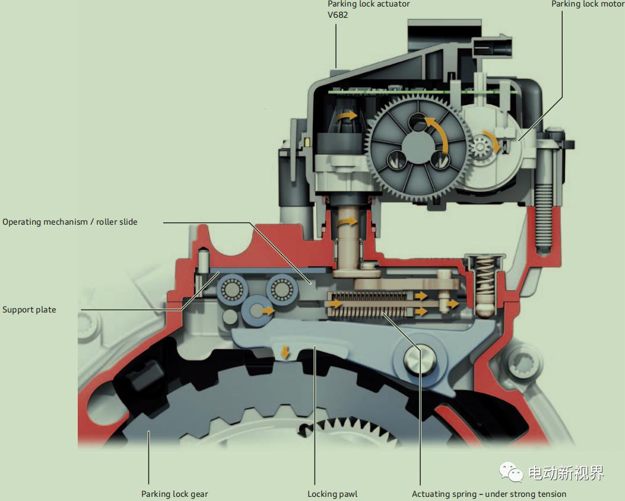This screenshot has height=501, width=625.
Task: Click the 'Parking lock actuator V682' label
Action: (x=369, y=9)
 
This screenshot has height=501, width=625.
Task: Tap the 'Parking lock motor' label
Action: (x=588, y=4)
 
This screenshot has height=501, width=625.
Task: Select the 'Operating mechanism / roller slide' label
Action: (x=70, y=222)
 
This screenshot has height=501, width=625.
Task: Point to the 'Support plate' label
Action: (x=29, y=309)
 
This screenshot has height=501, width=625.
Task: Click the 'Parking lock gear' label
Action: (x=175, y=494)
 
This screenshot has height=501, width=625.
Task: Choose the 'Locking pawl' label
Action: (x=332, y=494)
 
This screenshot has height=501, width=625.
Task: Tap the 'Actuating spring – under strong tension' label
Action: (x=489, y=494)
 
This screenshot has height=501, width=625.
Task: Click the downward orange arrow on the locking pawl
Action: (x=285, y=352)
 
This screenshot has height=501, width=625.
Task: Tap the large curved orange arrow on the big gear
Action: (x=438, y=133)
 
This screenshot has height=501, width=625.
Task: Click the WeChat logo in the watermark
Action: (x=511, y=472)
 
